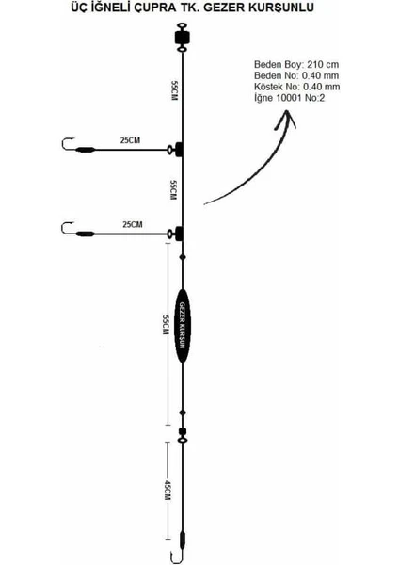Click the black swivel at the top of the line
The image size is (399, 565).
tap(183, 37)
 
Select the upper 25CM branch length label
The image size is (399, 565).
tap(130, 140)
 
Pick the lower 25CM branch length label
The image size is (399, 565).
tap(133, 224)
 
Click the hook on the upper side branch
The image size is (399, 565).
tap(68, 144)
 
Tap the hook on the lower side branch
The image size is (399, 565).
tap(68, 229)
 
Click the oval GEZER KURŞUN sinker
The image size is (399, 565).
tap(183, 326)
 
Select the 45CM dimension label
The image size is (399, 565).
tap(168, 490)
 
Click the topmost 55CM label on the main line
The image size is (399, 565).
tap(174, 90)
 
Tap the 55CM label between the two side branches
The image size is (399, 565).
tap(174, 190)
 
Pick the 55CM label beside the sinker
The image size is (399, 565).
tap(166, 325)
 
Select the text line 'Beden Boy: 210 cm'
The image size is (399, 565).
tap(296, 64)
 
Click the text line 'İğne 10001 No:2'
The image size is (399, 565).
tap(289, 98)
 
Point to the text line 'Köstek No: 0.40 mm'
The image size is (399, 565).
tap(296, 87)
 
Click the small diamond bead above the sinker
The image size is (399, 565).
tap(183, 257)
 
